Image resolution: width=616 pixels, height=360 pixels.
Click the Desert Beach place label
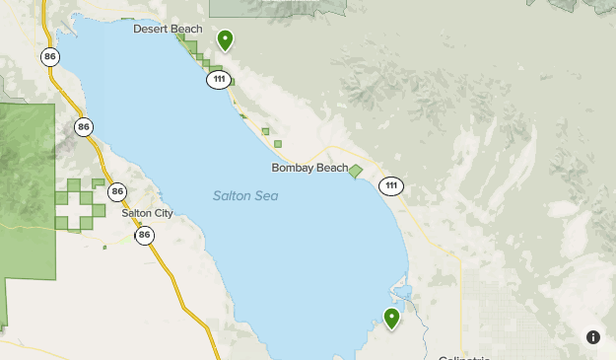168,29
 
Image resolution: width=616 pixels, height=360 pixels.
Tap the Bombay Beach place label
309,169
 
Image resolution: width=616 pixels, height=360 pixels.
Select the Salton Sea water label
245,195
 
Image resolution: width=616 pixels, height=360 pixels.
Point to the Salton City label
147,213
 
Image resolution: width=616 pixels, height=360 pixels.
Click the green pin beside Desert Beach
226,39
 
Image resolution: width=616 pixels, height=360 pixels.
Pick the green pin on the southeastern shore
392,318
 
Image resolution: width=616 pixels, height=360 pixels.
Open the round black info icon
593,336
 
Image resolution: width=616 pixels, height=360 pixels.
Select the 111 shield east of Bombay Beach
391,186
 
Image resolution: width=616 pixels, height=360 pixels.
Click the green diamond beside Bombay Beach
356,171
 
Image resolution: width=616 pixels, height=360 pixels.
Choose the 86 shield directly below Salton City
146,234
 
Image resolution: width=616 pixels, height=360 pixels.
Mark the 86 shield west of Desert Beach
50,57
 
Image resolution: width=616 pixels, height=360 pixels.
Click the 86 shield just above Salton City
118,191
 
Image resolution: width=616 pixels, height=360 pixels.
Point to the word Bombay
291,169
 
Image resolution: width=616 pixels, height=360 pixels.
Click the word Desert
151,29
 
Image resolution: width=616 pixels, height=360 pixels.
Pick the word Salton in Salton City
136,213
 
